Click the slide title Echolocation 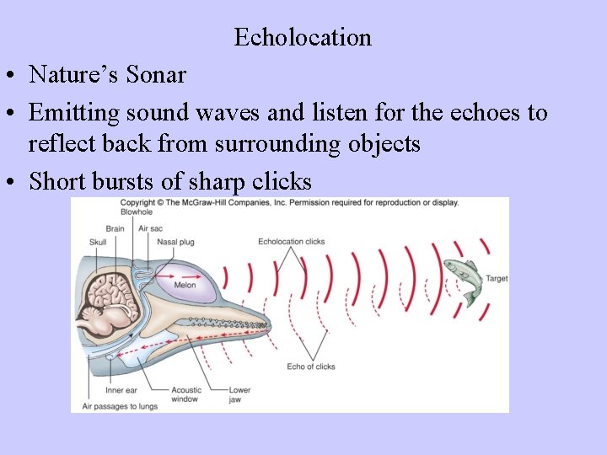point(303,38)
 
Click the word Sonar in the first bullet point(156,75)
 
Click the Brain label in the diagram point(115,228)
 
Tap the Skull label point(98,243)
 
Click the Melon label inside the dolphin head point(185,285)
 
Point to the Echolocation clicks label point(292,242)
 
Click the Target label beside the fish point(497,278)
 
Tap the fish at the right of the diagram point(461,279)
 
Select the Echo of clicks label point(310,367)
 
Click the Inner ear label point(121,390)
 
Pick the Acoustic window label point(185,394)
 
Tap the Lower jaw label point(239,394)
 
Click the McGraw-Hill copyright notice point(289,203)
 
